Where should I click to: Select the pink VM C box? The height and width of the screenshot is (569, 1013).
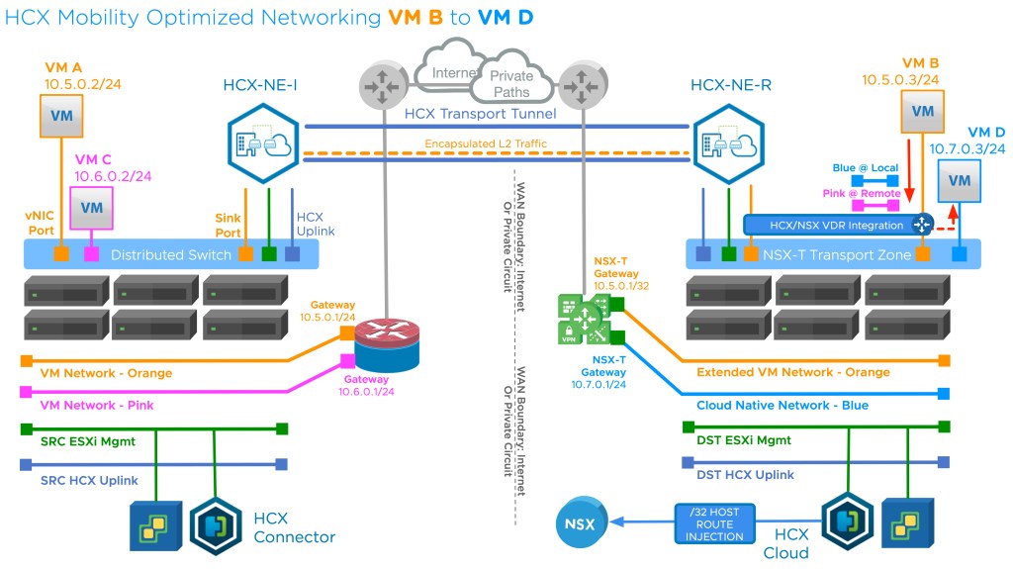(91, 207)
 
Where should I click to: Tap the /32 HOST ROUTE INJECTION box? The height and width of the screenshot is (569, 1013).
(715, 523)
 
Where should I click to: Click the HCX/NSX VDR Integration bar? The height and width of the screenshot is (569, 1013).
(837, 225)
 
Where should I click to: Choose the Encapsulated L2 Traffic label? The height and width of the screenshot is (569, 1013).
(486, 143)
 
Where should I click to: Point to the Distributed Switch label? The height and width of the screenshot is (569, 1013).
(171, 254)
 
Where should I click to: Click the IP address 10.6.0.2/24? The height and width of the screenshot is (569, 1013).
(113, 175)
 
